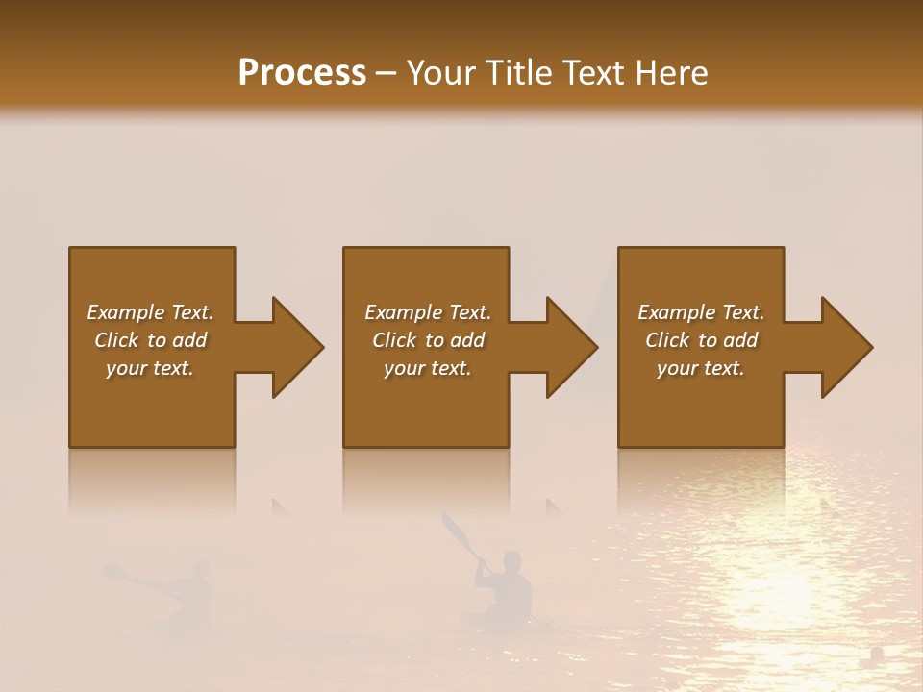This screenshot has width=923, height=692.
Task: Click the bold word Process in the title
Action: coord(302,73)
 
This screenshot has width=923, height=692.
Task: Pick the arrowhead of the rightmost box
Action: coord(846,347)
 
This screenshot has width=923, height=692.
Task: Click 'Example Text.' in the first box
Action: coord(150,312)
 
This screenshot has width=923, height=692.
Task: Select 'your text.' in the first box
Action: coord(150,368)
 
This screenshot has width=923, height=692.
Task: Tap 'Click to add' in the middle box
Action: coord(428,340)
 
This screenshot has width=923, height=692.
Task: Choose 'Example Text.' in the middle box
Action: coord(428,312)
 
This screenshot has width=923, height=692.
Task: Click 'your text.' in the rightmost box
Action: coord(701,368)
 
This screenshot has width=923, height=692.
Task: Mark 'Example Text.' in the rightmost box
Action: coord(701,312)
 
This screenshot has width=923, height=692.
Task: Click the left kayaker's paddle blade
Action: coord(113,573)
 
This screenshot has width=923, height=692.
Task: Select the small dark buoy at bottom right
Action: coord(877,654)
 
